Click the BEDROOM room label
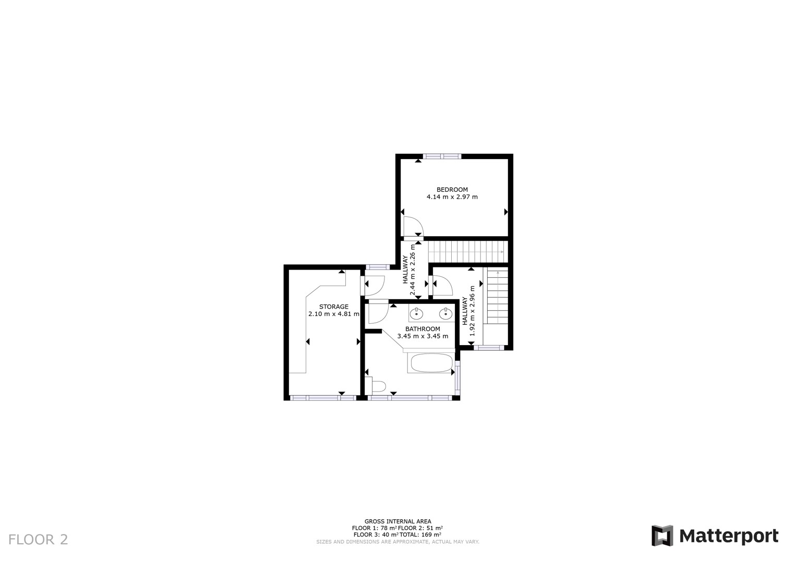click(452, 190)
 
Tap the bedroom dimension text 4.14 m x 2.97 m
click(452, 197)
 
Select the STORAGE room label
click(334, 307)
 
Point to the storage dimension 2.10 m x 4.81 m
click(334, 314)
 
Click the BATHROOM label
click(423, 329)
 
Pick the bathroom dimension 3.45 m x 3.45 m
click(423, 336)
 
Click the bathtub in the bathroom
click(432, 363)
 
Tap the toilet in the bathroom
click(376, 386)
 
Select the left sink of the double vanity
click(416, 314)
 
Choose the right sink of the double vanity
click(445, 314)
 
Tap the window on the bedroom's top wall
click(442, 156)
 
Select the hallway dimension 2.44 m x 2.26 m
click(408, 270)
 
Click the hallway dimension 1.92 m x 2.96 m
click(468, 311)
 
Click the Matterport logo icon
click(662, 536)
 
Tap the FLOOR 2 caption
click(38, 540)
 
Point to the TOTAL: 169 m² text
click(420, 534)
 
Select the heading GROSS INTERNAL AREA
click(397, 521)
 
